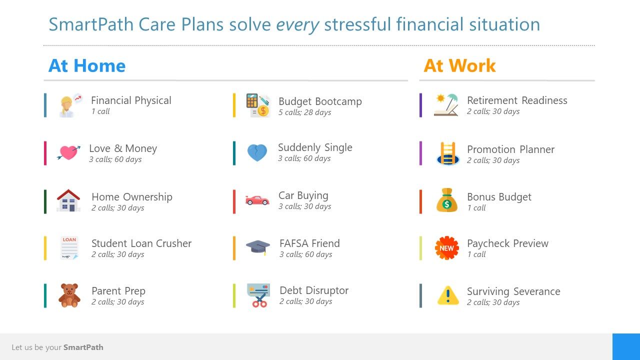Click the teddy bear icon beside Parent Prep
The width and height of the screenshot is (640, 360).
[x=69, y=295]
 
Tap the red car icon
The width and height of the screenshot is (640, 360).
[x=257, y=200]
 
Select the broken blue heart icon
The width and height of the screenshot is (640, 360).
[x=257, y=153]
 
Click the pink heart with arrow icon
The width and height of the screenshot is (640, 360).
[x=68, y=152]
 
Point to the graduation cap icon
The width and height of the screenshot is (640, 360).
[x=257, y=247]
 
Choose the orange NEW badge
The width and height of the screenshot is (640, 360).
[x=447, y=248]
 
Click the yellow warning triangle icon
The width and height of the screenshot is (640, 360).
[x=448, y=295]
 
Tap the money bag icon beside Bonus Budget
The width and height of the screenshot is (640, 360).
[x=447, y=200]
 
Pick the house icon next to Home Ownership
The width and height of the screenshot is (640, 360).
[x=68, y=200]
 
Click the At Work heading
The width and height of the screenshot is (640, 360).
[x=459, y=65]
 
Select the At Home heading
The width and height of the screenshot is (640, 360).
[x=87, y=65]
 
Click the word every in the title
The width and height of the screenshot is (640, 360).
[x=297, y=24]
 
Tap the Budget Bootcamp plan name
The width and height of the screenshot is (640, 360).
[x=320, y=101]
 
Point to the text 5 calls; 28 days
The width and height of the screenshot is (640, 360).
[x=305, y=112]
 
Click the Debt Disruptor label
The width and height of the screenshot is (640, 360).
[x=314, y=290]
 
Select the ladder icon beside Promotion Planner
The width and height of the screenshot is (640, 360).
[x=447, y=153]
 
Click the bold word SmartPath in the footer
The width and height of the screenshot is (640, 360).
[x=83, y=347]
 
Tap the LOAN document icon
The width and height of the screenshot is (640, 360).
[x=69, y=248]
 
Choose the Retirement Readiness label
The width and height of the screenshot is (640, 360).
[x=517, y=100]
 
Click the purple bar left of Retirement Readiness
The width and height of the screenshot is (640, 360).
[x=420, y=105]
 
